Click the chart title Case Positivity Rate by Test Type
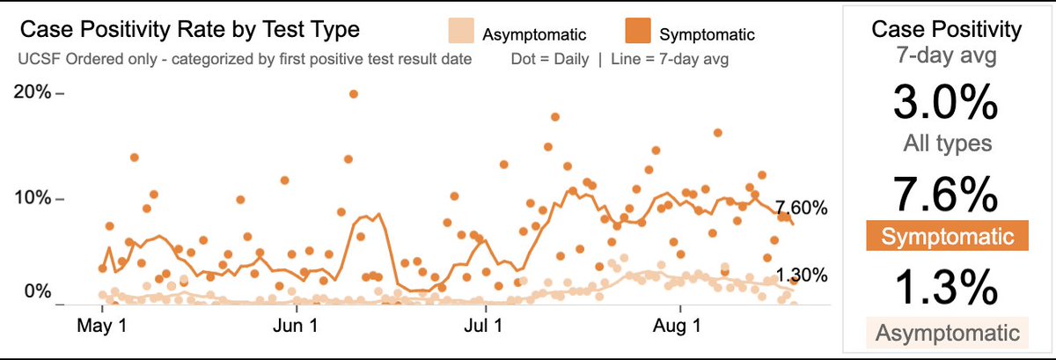pos(189,31)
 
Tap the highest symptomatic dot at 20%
pos(354,93)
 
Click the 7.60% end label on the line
pos(802,209)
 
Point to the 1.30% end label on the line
pos(802,275)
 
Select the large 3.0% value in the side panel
pos(946,105)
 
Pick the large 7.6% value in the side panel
pos(946,196)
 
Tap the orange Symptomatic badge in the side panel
pos(947,237)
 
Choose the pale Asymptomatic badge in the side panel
pos(947,333)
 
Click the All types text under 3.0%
pos(946,143)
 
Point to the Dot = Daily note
pos(548,60)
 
